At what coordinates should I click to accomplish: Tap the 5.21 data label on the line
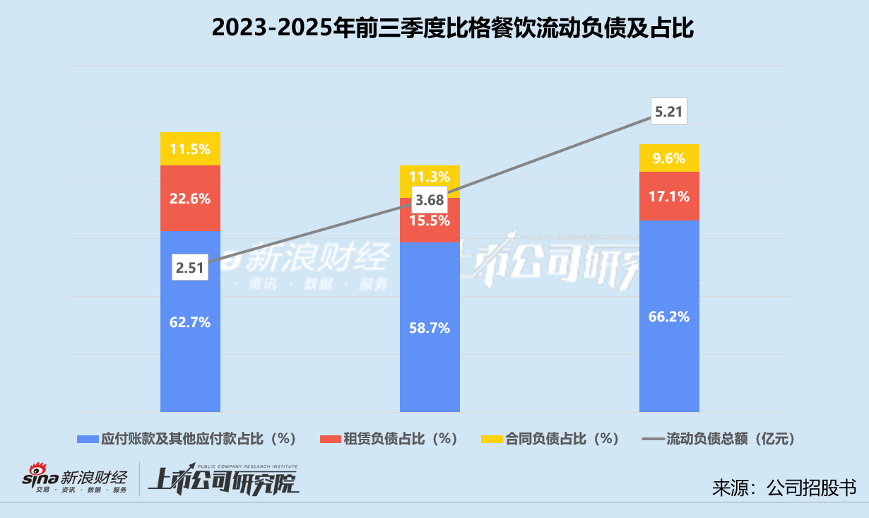tap(668, 111)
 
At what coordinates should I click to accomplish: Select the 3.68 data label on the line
tap(430, 200)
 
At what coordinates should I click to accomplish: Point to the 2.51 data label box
tap(190, 267)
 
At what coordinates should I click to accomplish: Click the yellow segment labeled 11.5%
tap(190, 149)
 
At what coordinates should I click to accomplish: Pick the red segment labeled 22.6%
tap(190, 199)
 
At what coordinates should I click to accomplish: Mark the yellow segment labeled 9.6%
tap(669, 158)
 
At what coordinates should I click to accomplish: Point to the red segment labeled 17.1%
tap(669, 196)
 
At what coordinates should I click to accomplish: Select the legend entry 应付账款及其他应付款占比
tap(187, 439)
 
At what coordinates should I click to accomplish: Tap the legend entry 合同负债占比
tap(550, 439)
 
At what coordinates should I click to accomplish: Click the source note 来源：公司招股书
tap(784, 488)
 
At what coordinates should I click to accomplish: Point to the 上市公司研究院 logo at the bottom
tap(223, 481)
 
